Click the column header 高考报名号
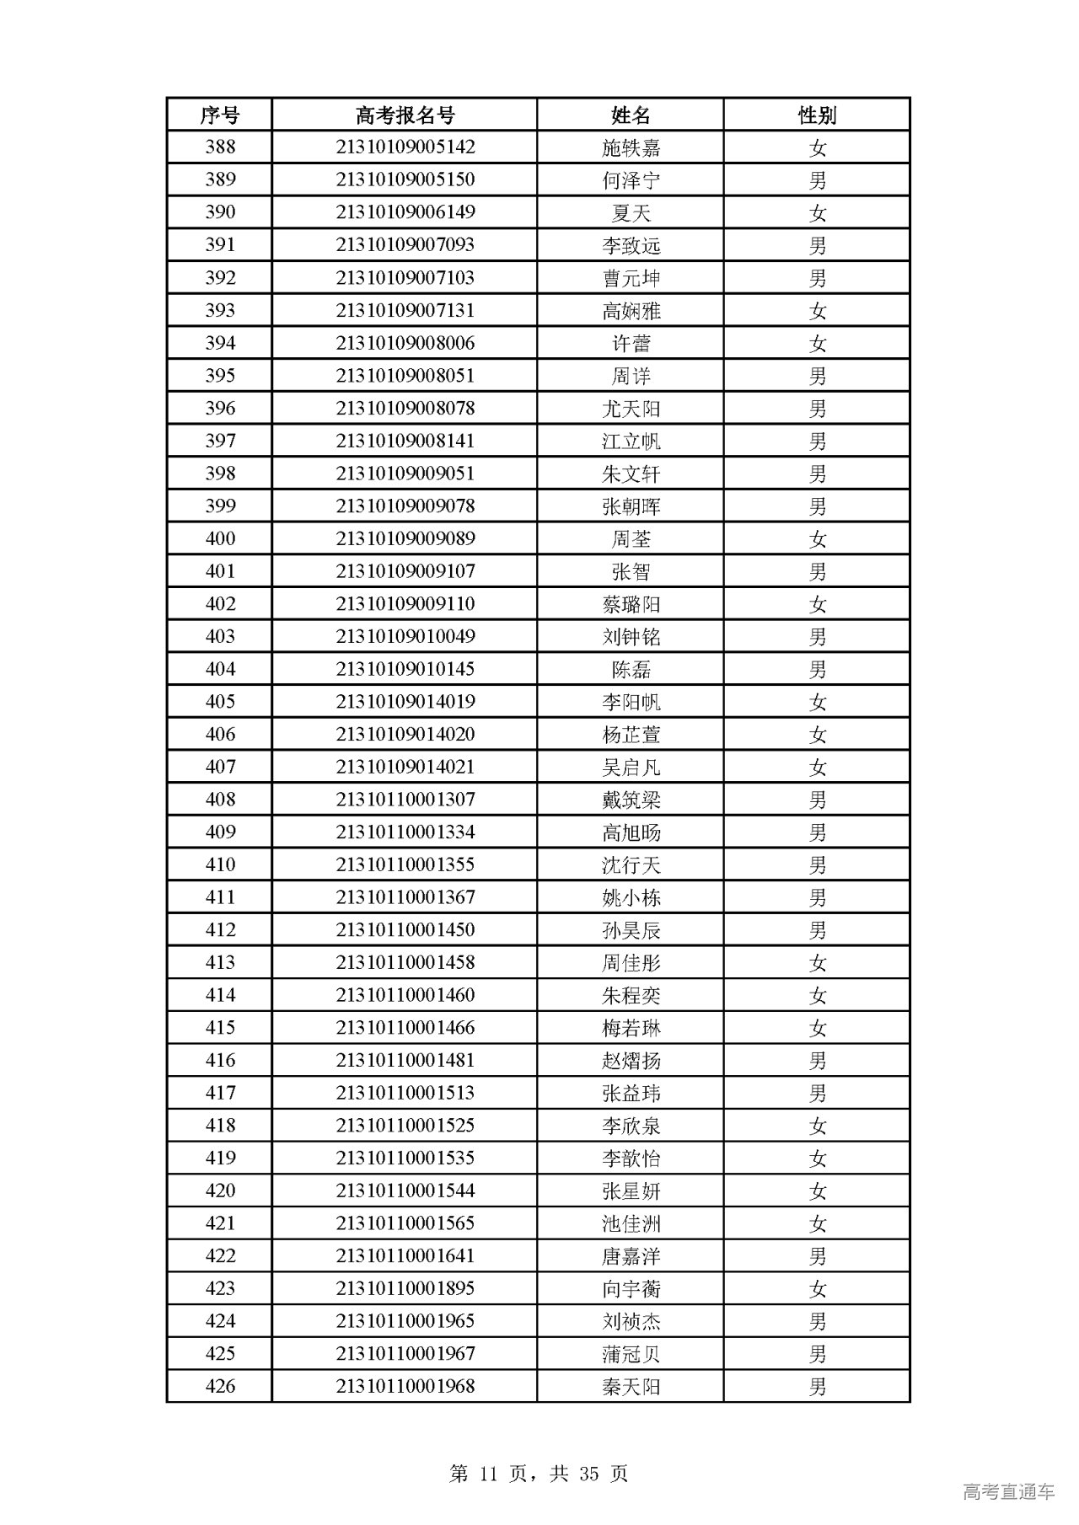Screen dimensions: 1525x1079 (x=405, y=115)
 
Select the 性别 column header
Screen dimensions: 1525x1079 (x=816, y=115)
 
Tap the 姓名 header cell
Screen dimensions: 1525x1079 (x=631, y=115)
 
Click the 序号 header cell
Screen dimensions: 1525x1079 (x=219, y=115)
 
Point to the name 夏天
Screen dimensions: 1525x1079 (x=631, y=213)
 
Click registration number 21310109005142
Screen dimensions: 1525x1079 (x=405, y=147)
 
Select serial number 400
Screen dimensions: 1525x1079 (x=220, y=539)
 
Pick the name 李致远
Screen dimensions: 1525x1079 (x=631, y=246)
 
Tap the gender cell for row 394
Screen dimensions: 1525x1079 (x=817, y=344)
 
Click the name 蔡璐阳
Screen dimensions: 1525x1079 (x=631, y=605)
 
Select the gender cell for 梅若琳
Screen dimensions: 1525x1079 (x=817, y=1029)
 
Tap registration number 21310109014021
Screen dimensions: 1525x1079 (x=405, y=768)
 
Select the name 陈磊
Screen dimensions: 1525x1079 (x=631, y=670)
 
